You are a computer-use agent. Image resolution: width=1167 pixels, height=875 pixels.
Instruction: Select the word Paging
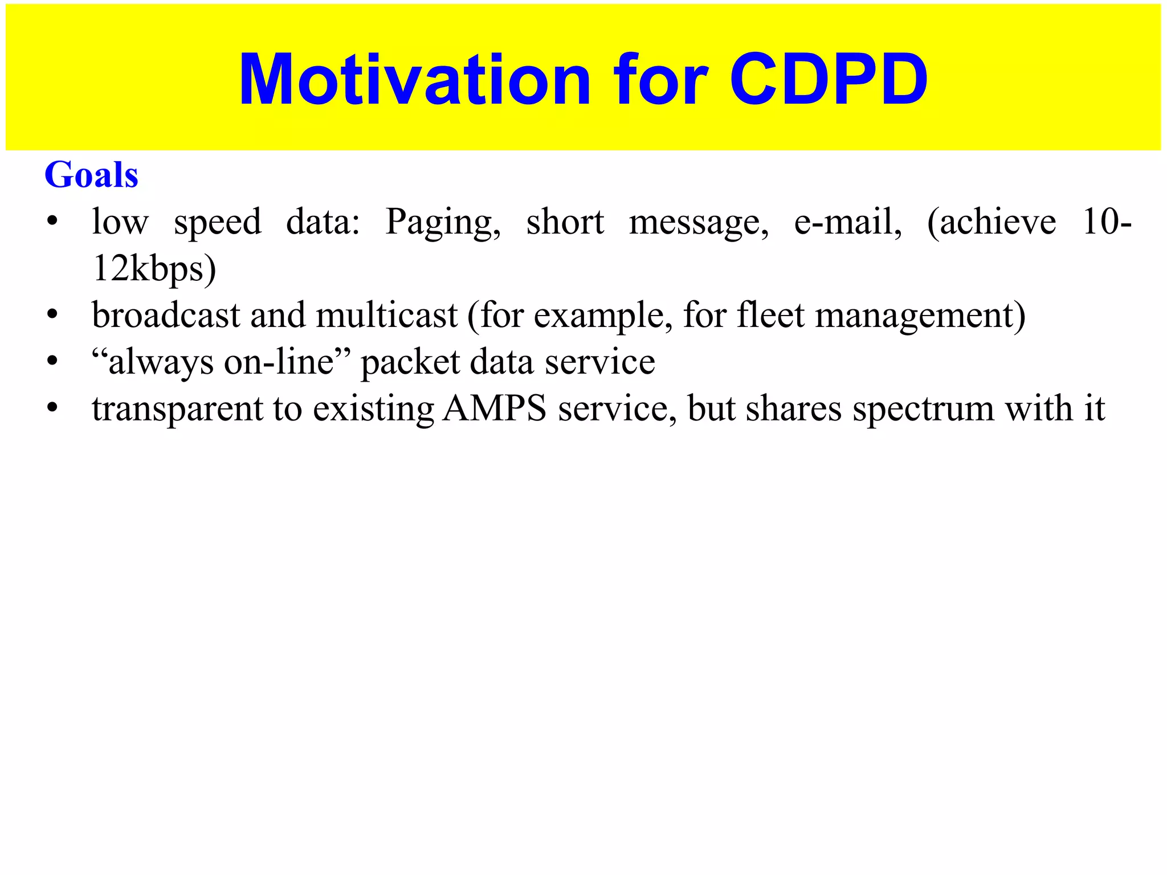(443, 222)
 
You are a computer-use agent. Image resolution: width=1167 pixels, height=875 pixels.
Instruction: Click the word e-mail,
(848, 222)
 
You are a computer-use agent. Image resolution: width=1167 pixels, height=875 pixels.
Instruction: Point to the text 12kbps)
(154, 269)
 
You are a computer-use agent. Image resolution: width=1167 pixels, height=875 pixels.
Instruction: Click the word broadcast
(166, 315)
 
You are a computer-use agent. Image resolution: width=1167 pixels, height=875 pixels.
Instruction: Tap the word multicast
(387, 315)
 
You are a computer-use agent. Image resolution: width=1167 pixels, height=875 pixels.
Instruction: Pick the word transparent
(177, 410)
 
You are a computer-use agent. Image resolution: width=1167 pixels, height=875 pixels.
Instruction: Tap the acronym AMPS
(495, 408)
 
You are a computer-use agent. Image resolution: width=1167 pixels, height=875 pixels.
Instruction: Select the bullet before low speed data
(52, 222)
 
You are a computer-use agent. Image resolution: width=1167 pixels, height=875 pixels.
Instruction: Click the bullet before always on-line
(52, 362)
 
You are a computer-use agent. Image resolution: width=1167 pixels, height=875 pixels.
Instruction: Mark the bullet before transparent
(52, 408)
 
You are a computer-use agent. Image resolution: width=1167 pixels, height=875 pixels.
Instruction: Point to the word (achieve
(991, 222)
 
